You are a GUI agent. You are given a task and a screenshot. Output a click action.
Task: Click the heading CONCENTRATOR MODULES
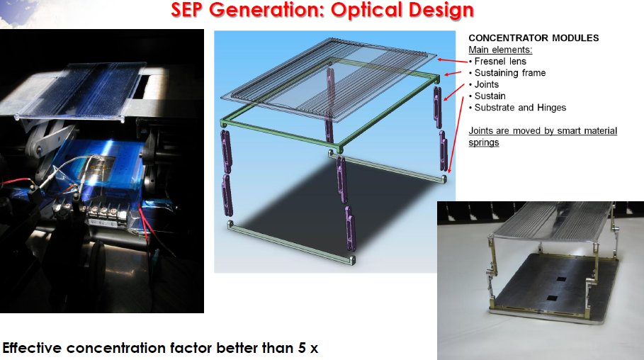(x=533, y=38)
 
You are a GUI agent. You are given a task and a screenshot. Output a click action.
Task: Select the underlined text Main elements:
(x=500, y=50)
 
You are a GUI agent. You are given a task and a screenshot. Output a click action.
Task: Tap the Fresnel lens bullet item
(x=497, y=61)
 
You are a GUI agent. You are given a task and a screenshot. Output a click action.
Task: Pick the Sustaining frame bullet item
(x=507, y=73)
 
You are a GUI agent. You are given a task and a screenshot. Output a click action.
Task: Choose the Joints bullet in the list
(x=484, y=84)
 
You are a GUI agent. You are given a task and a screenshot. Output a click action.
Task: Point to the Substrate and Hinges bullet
(x=517, y=107)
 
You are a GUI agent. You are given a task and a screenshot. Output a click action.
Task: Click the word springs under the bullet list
(x=484, y=142)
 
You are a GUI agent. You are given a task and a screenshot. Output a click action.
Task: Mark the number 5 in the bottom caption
(x=302, y=348)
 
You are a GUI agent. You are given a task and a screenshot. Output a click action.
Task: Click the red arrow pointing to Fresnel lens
(x=452, y=61)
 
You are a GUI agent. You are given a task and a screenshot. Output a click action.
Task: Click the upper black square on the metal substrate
(x=561, y=279)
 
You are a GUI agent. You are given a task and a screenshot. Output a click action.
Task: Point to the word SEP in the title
(x=188, y=10)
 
